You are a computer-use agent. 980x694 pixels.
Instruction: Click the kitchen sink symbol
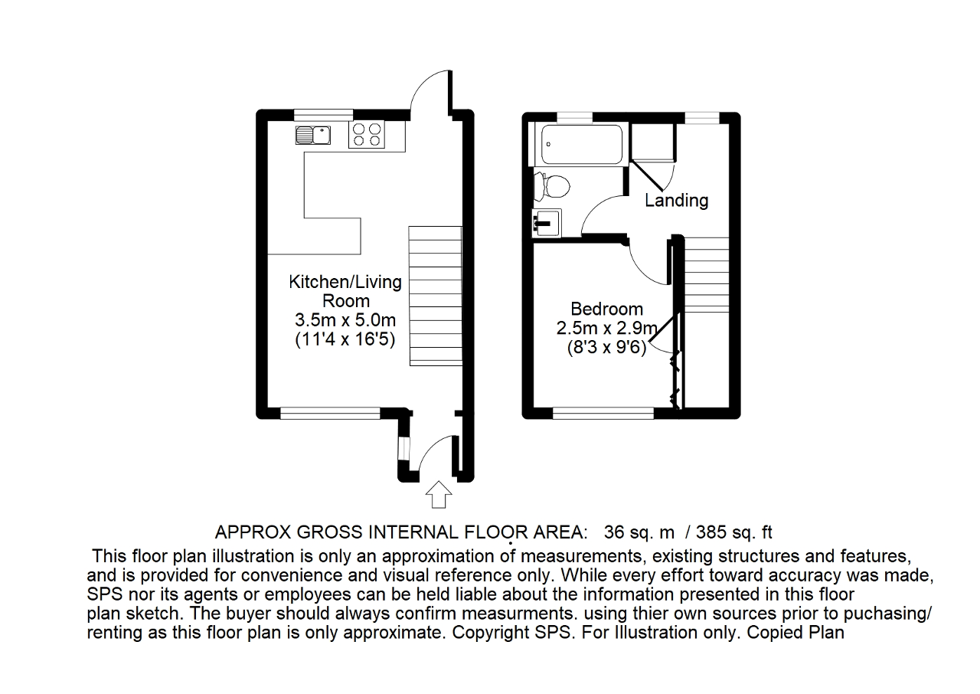312,135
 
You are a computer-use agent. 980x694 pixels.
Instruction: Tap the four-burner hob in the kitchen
366,135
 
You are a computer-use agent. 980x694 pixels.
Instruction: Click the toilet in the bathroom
552,185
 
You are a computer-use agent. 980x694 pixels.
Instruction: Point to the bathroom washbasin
547,223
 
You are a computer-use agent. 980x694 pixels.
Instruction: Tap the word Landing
676,201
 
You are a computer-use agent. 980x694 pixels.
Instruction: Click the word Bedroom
607,309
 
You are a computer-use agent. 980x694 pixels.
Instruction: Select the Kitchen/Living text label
345,282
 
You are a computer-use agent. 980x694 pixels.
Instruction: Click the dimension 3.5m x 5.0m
345,320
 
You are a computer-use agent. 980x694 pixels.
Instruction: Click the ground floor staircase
436,296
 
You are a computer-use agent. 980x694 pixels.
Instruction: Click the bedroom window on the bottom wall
603,414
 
